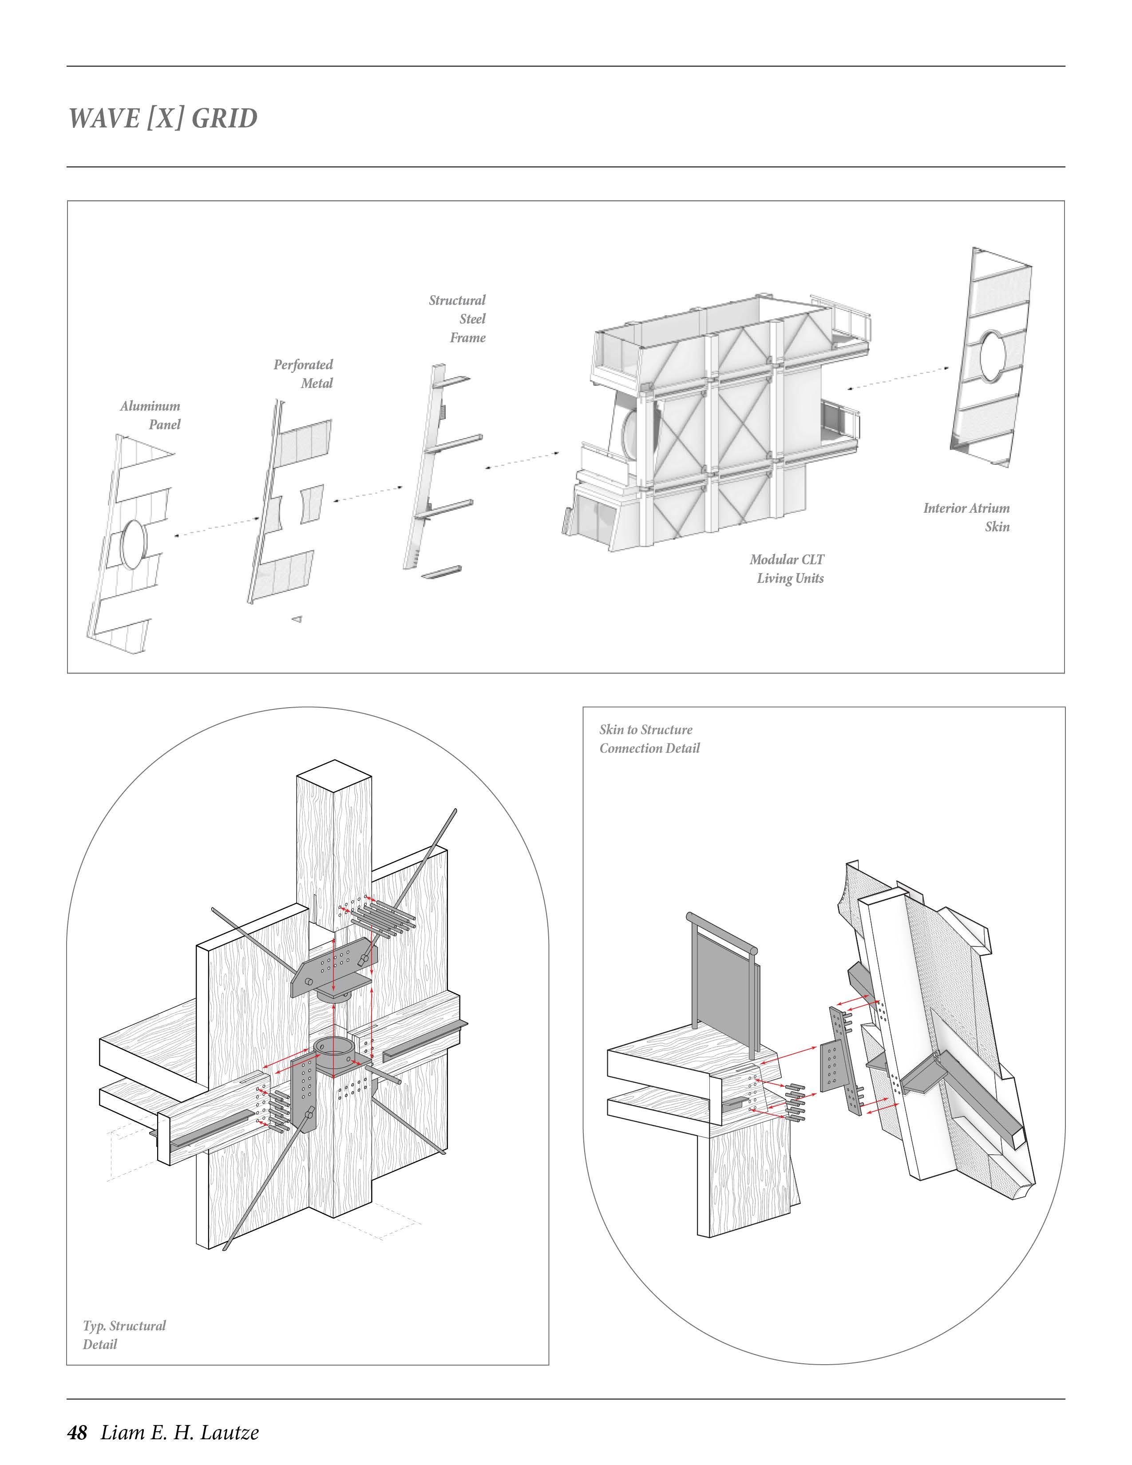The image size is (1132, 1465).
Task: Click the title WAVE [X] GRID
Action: point(163,118)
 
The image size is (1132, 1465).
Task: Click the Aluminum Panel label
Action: point(151,415)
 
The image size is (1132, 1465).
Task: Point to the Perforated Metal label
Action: point(303,374)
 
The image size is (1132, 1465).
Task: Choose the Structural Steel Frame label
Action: point(458,319)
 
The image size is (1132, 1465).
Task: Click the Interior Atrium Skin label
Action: point(966,517)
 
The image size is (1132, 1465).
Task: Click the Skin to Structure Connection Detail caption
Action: point(649,739)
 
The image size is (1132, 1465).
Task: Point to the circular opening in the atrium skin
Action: point(993,353)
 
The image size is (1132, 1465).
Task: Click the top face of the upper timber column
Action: point(333,776)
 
